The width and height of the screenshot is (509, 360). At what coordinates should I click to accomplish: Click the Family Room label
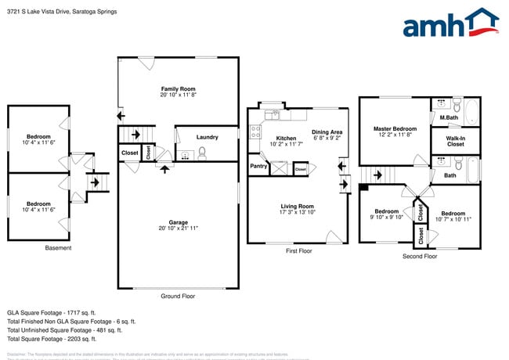[x=178, y=90]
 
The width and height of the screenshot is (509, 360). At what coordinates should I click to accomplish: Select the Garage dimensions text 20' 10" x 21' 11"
[x=178, y=229]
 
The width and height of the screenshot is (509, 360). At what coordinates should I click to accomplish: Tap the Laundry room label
[x=207, y=136]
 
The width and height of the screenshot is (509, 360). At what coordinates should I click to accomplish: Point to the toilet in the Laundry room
[x=201, y=153]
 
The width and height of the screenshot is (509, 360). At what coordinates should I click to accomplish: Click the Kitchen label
[x=285, y=138]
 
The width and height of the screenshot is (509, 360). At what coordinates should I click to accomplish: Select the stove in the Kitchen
[x=255, y=131]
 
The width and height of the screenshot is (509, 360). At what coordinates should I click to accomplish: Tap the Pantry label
[x=258, y=167]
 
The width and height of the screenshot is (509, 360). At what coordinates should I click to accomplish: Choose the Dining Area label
[x=327, y=132]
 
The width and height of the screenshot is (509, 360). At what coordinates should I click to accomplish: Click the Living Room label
[x=298, y=207]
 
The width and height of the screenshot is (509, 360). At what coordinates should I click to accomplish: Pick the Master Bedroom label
[x=395, y=129]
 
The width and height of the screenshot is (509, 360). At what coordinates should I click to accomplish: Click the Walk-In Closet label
[x=455, y=141]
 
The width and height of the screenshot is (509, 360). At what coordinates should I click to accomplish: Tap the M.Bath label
[x=449, y=118]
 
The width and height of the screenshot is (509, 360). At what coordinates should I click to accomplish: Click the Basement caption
[x=58, y=248]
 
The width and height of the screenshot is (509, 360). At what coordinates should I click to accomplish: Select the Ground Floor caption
[x=177, y=296]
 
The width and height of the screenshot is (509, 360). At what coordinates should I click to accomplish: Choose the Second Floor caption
[x=420, y=256]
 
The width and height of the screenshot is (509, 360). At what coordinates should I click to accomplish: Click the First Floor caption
[x=298, y=251]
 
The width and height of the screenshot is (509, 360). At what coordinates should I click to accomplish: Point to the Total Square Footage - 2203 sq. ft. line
[x=52, y=339]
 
